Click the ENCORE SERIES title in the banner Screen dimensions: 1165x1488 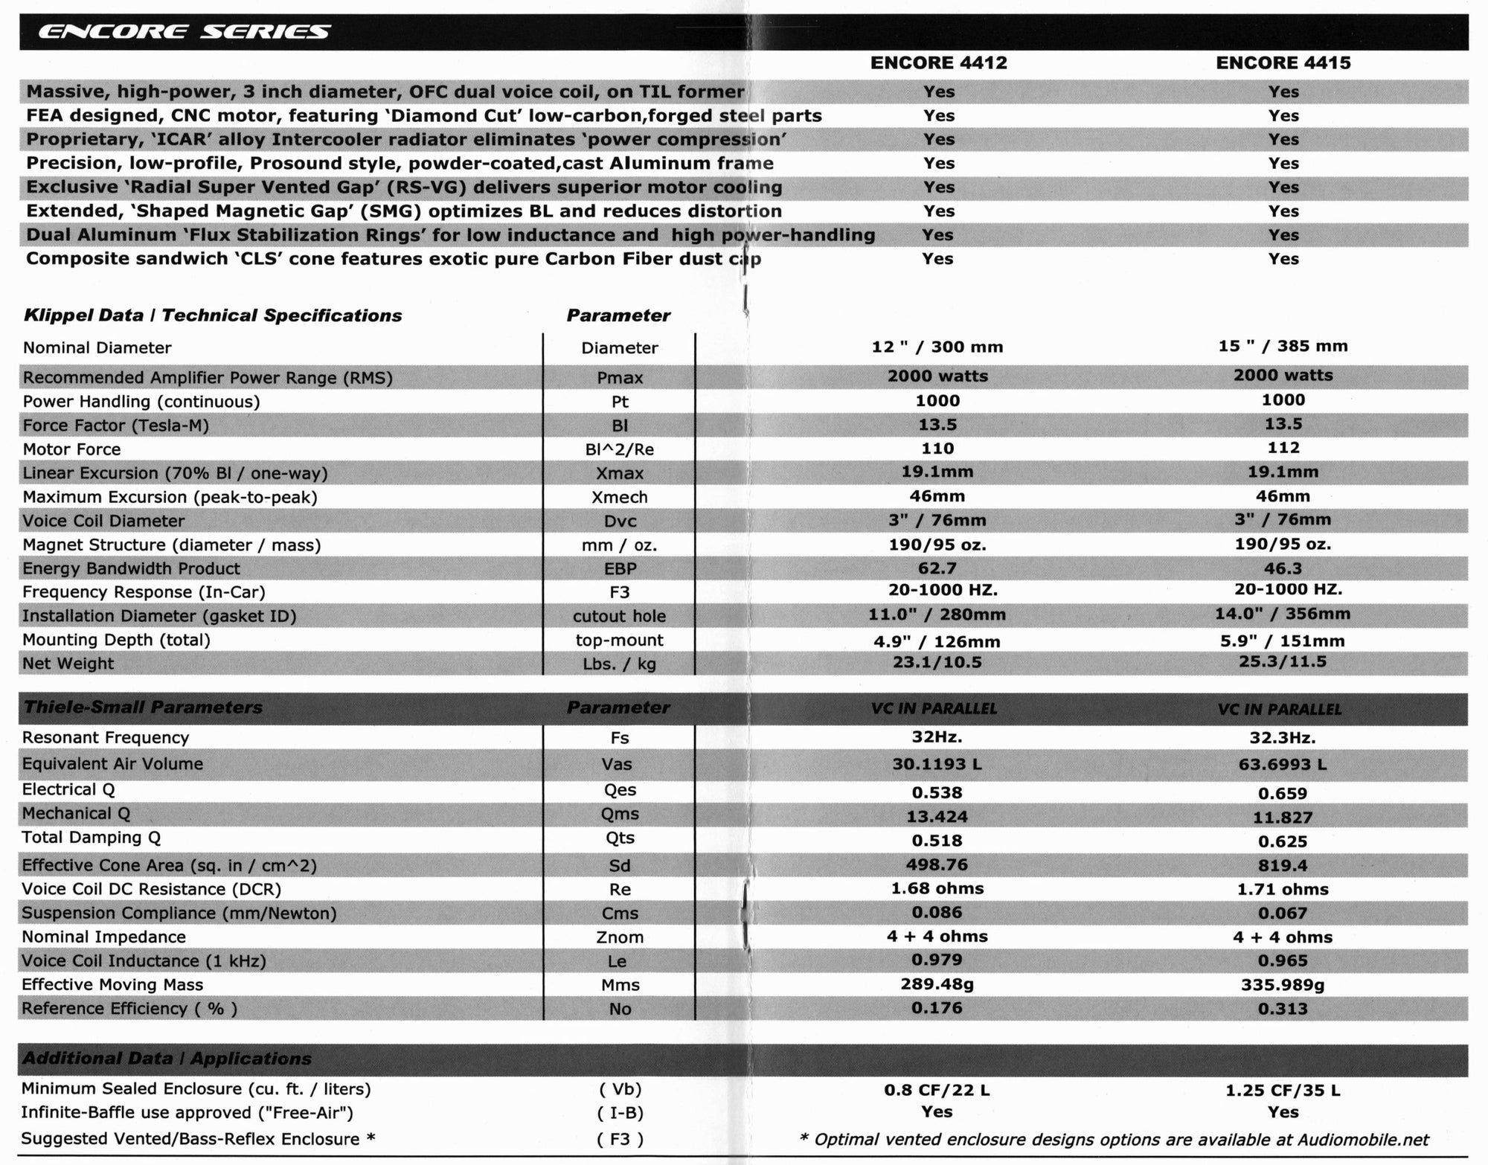tap(184, 32)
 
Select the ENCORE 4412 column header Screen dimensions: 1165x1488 tap(938, 62)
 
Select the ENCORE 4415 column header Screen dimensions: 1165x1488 tap(1283, 62)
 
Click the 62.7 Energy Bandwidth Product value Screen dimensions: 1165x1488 tap(937, 568)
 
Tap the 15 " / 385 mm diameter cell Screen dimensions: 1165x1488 tap(1283, 346)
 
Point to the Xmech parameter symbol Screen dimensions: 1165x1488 tap(619, 497)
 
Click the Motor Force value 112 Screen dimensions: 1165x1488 tap(1283, 448)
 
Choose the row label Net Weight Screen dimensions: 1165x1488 tap(68, 664)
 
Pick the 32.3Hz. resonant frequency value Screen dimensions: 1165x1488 tap(1282, 738)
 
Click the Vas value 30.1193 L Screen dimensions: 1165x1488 tap(937, 764)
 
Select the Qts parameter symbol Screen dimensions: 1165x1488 tap(619, 838)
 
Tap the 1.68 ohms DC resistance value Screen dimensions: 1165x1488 tap(937, 888)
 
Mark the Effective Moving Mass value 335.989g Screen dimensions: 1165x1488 tap(1283, 985)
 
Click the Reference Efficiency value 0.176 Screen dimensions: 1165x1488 tap(937, 1008)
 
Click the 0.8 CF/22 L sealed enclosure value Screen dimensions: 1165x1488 tap(937, 1090)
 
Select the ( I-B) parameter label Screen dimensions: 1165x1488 tap(619, 1113)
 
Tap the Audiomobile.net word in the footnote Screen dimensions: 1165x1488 tap(1363, 1140)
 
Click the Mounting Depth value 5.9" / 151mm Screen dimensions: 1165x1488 tap(1282, 641)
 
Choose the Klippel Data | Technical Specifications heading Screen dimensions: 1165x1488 tap(213, 315)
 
